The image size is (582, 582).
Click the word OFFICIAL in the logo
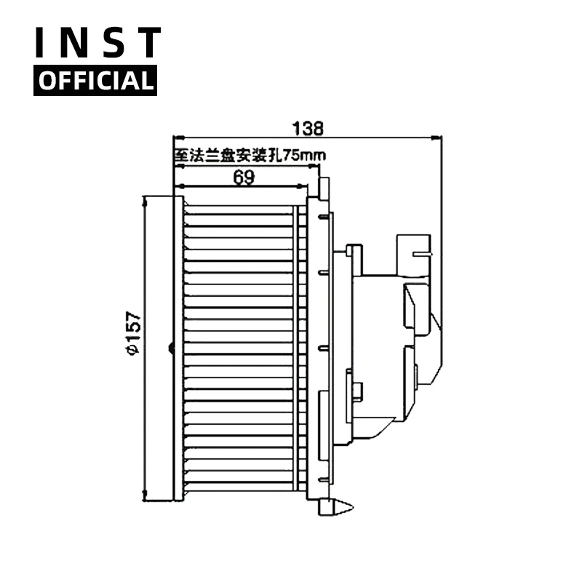95,80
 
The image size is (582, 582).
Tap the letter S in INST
112,44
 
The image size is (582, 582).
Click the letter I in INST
42,44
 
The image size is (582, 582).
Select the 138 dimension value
308,128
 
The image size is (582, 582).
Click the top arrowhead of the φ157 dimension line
145,199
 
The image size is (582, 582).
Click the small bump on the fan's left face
171,348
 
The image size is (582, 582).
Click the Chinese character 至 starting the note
180,154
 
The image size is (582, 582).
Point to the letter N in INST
76,44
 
